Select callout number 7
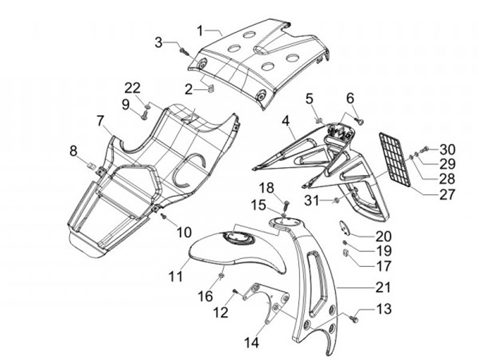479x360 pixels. pos(100,121)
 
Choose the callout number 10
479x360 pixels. pos(184,232)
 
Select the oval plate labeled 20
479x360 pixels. pos(346,227)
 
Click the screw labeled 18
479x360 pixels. pos(287,203)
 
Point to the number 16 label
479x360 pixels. pos(207,295)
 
